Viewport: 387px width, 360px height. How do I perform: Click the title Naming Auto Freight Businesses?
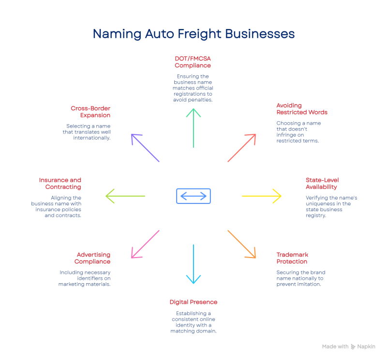193,35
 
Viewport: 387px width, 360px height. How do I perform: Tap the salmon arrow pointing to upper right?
241,147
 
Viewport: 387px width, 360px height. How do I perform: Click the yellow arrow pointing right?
261,196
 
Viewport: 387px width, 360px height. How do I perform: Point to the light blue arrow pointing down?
193,264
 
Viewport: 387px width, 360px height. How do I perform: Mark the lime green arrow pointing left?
126,196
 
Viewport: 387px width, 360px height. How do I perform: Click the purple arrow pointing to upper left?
145,147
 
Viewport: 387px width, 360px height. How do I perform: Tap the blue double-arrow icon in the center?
193,196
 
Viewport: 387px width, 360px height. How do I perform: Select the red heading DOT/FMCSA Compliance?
193,61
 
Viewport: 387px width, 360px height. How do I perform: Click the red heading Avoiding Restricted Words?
302,108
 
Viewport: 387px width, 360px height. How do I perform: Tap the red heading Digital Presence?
193,302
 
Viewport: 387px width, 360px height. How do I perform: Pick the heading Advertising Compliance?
94,258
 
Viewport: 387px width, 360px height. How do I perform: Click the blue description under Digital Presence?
193,323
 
